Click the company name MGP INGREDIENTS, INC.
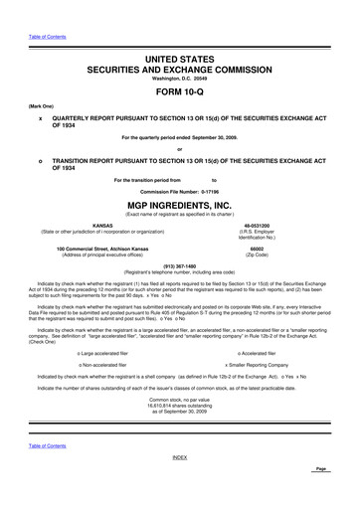click(179, 203)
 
